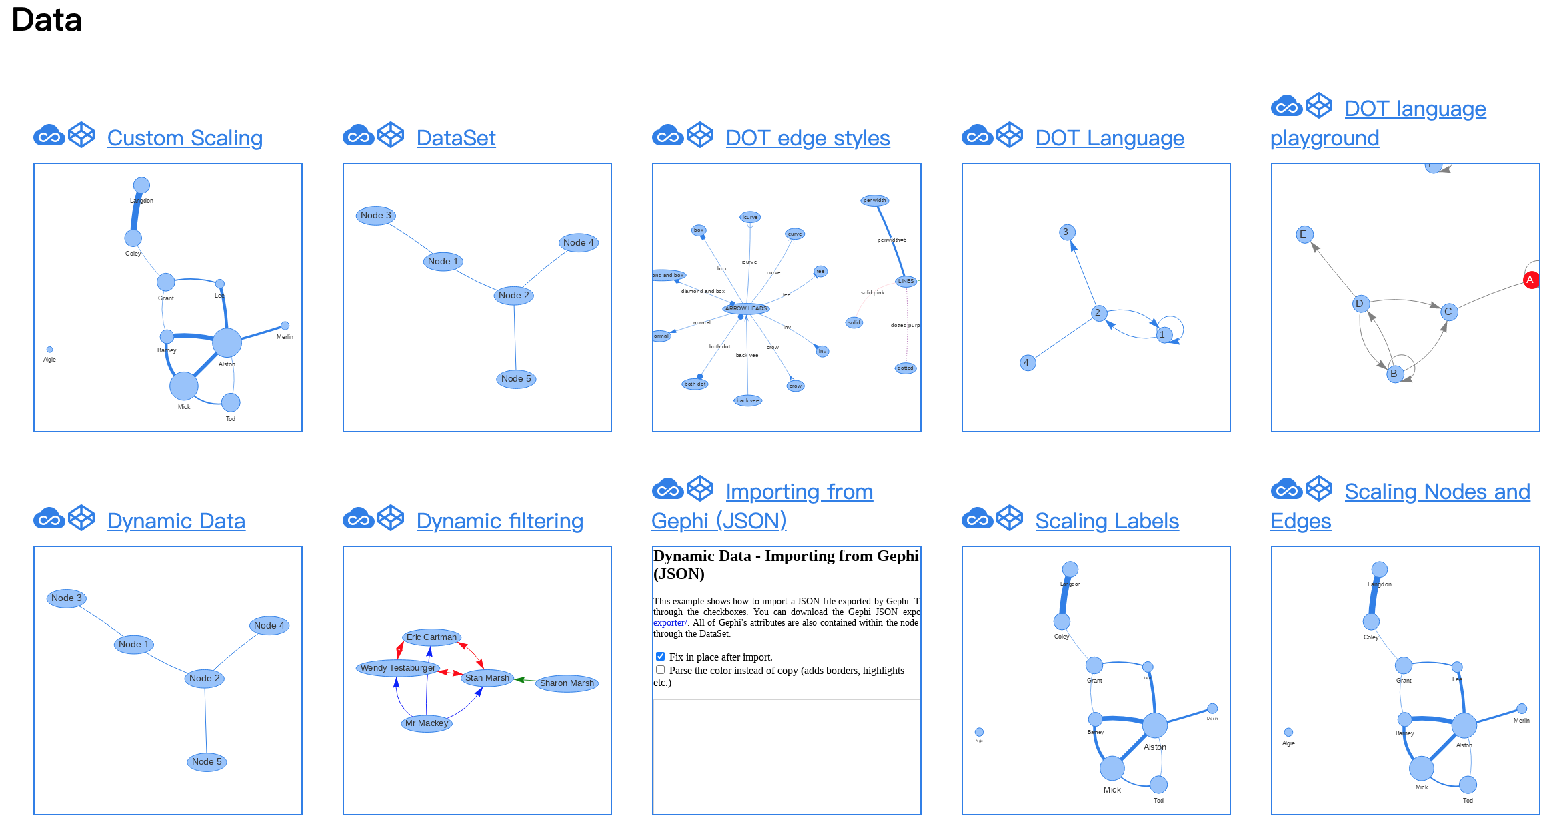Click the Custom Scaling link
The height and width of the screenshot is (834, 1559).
pyautogui.click(x=185, y=138)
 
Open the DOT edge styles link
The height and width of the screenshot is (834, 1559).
pyautogui.click(x=808, y=138)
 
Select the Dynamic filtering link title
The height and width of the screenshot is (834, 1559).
pyautogui.click(x=499, y=521)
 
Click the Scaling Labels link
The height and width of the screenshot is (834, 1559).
pyautogui.click(x=1107, y=521)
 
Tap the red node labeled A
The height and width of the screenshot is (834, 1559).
pyautogui.click(x=1530, y=280)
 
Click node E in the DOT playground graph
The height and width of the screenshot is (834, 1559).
pyautogui.click(x=1304, y=234)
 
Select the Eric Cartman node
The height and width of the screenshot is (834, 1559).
pyautogui.click(x=431, y=637)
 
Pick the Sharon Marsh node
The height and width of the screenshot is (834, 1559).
pyautogui.click(x=567, y=683)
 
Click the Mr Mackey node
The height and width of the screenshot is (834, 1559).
pyautogui.click(x=427, y=723)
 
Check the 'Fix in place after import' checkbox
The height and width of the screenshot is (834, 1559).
pyautogui.click(x=660, y=657)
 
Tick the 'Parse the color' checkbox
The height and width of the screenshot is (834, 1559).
pyautogui.click(x=660, y=670)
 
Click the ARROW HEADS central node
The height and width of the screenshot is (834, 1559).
pyautogui.click(x=746, y=308)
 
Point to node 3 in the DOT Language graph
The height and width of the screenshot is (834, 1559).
pyautogui.click(x=1066, y=232)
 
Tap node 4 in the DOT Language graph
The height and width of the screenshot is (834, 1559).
pyautogui.click(x=1027, y=363)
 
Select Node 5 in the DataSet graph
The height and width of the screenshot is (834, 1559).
pyautogui.click(x=516, y=379)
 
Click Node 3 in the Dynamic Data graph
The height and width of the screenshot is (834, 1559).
pyautogui.click(x=67, y=598)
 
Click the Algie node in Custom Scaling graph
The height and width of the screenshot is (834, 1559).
pyautogui.click(x=49, y=350)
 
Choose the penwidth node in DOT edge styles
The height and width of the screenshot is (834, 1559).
pyautogui.click(x=874, y=201)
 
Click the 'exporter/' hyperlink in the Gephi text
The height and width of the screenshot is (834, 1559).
pyautogui.click(x=669, y=623)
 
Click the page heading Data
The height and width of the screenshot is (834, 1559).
pyautogui.click(x=47, y=20)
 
